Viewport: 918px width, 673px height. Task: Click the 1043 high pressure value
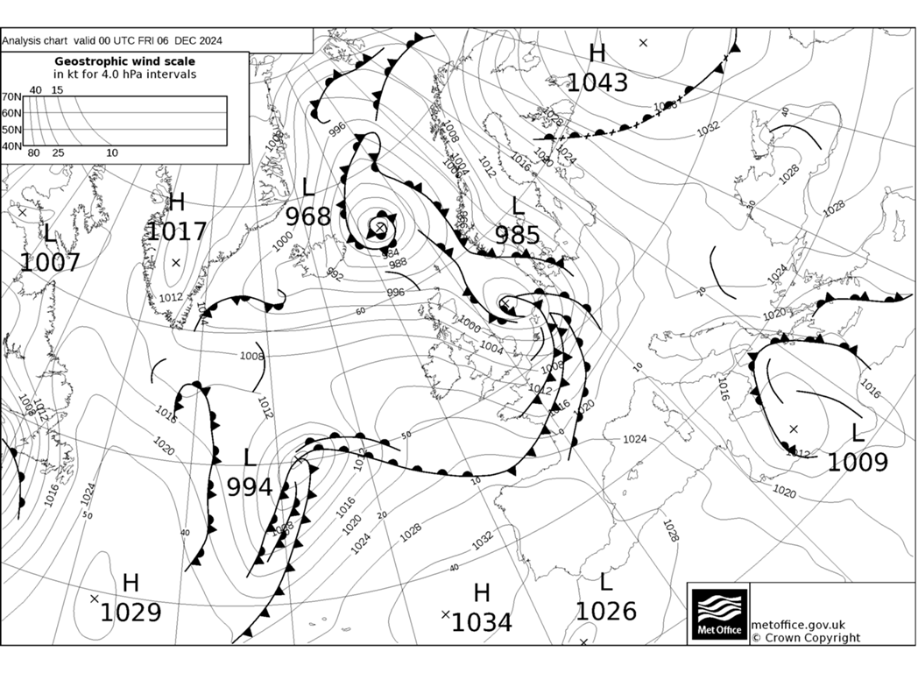597,82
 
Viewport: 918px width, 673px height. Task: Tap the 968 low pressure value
308,216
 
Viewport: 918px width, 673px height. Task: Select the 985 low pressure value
518,235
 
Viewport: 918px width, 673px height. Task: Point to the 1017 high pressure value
176,231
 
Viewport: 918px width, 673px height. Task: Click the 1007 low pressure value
50,261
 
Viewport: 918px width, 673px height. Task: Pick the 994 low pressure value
250,486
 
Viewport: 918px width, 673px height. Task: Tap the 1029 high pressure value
131,612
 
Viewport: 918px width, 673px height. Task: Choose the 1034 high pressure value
482,621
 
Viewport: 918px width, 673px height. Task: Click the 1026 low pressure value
605,610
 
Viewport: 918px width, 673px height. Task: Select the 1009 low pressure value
858,462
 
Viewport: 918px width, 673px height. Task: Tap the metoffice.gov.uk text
798,624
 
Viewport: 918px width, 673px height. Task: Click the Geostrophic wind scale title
125,61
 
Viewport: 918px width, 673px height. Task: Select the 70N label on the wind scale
11,97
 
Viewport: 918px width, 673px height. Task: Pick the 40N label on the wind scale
11,145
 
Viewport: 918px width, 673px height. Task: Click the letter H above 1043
597,53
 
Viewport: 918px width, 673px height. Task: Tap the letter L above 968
308,187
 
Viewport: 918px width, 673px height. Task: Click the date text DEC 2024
198,40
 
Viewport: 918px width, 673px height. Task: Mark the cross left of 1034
446,614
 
